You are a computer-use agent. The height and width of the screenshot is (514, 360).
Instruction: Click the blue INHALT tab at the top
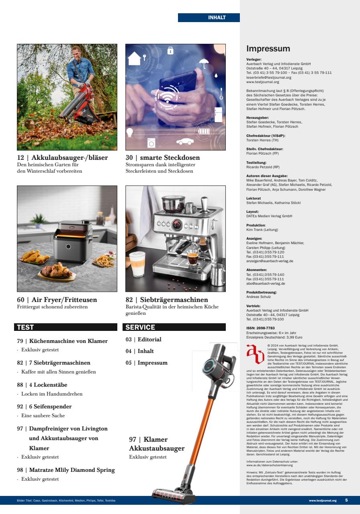[209, 18]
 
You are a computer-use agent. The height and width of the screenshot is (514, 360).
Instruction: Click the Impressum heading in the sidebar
[268, 49]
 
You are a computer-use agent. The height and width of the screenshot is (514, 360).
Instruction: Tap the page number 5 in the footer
[346, 500]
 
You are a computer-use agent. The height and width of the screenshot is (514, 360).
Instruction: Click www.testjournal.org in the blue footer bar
[323, 501]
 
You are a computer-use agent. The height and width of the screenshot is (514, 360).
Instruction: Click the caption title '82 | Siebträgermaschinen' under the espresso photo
[167, 300]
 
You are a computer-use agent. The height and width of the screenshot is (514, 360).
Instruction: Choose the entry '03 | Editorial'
[143, 339]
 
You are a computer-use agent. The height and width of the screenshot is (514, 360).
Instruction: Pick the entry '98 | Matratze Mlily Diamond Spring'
[66, 470]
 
